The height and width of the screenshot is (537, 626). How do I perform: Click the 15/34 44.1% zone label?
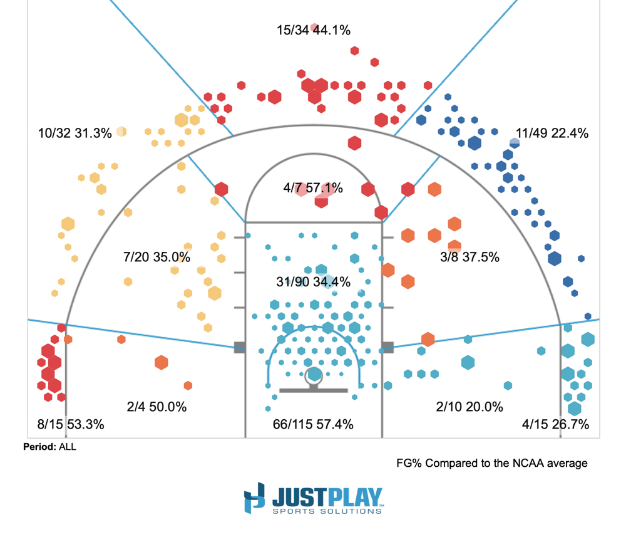[x=313, y=29]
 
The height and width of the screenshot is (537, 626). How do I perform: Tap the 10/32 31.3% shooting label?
[x=74, y=133]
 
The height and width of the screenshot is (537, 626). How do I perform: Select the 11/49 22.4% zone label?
[x=552, y=133]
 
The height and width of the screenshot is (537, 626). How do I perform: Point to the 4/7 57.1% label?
[x=313, y=188]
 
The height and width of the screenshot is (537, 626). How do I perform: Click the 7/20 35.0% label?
[x=156, y=257]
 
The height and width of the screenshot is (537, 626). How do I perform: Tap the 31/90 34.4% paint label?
[x=313, y=282]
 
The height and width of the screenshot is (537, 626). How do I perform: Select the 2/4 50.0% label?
[x=156, y=407]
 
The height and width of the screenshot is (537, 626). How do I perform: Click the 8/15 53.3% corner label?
[x=70, y=424]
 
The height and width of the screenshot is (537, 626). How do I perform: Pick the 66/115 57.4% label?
[x=313, y=424]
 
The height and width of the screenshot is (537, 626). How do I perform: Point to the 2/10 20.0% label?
[x=469, y=407]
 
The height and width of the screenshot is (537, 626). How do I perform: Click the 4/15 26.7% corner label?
[x=555, y=424]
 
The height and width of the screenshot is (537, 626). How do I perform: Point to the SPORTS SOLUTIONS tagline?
[x=326, y=511]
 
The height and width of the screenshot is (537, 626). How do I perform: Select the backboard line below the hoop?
[x=313, y=390]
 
